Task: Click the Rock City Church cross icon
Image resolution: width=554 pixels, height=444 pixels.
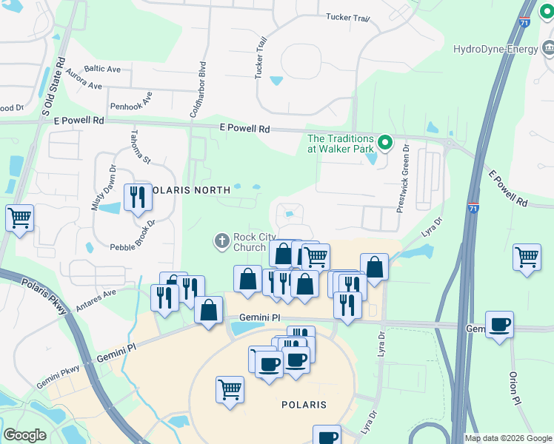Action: coord(221,240)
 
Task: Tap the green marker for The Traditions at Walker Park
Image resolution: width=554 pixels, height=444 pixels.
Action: coord(384,142)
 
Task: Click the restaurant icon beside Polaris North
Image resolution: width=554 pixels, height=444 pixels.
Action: coord(137,197)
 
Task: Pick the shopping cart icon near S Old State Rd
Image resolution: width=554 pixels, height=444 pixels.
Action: coord(19,218)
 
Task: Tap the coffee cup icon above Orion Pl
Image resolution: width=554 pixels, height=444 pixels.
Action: coord(499,325)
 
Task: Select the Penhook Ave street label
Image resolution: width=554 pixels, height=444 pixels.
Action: coord(131,101)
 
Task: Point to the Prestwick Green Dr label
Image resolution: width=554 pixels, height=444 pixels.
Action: coord(404,178)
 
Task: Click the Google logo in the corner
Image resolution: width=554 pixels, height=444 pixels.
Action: coord(24,435)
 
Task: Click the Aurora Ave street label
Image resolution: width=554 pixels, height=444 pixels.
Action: coord(84,81)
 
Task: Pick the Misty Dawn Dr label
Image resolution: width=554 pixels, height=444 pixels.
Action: coord(104,189)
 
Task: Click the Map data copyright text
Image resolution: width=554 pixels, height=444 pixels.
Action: coord(509,438)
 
